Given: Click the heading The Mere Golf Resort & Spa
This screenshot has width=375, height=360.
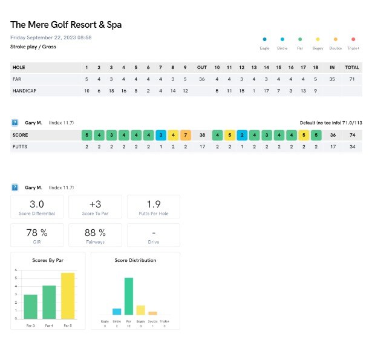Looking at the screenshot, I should click(x=66, y=25).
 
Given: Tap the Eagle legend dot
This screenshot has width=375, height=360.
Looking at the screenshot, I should click(x=264, y=39).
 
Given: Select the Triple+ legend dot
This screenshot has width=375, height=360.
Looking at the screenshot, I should click(x=353, y=39).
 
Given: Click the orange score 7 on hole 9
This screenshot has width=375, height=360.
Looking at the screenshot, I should click(x=185, y=135).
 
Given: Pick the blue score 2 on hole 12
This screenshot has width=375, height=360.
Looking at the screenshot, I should click(x=241, y=135).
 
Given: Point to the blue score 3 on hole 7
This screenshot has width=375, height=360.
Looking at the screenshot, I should click(x=161, y=135).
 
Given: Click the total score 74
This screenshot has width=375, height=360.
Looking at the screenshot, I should click(x=352, y=135).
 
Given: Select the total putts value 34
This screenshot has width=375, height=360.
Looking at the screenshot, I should click(x=352, y=146).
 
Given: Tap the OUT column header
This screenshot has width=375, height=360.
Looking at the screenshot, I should click(x=202, y=67).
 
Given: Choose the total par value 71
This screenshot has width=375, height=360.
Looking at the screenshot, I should click(x=352, y=79).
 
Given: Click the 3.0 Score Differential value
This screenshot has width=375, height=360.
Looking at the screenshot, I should click(x=37, y=205).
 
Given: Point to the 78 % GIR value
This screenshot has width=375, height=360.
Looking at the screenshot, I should click(x=37, y=232).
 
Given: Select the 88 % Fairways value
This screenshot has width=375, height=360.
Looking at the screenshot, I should click(x=94, y=232).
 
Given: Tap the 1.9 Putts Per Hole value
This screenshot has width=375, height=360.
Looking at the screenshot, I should click(x=153, y=205).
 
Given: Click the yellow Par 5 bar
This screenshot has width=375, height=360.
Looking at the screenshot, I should click(x=68, y=295).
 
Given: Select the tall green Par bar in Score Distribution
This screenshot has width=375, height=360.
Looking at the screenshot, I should click(x=129, y=296).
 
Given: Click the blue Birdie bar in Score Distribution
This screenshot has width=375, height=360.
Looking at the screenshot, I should click(x=117, y=312).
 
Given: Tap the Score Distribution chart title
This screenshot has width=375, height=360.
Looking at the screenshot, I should click(x=135, y=260).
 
